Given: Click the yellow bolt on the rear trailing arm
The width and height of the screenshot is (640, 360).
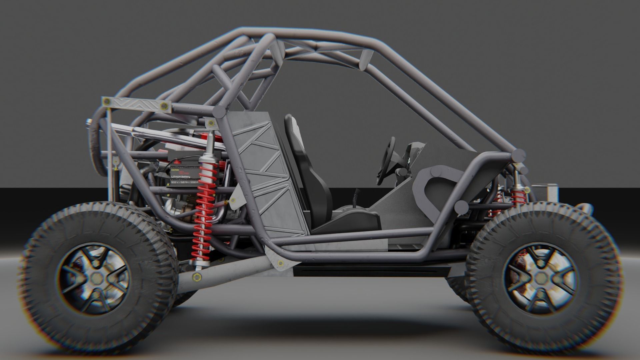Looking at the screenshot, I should click(x=195, y=276).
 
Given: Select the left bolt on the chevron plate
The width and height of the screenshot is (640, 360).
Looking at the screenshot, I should click(x=107, y=101).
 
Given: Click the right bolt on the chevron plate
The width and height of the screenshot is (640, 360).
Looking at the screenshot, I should click(x=163, y=106).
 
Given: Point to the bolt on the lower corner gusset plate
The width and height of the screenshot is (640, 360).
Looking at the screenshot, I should click(x=280, y=263).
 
